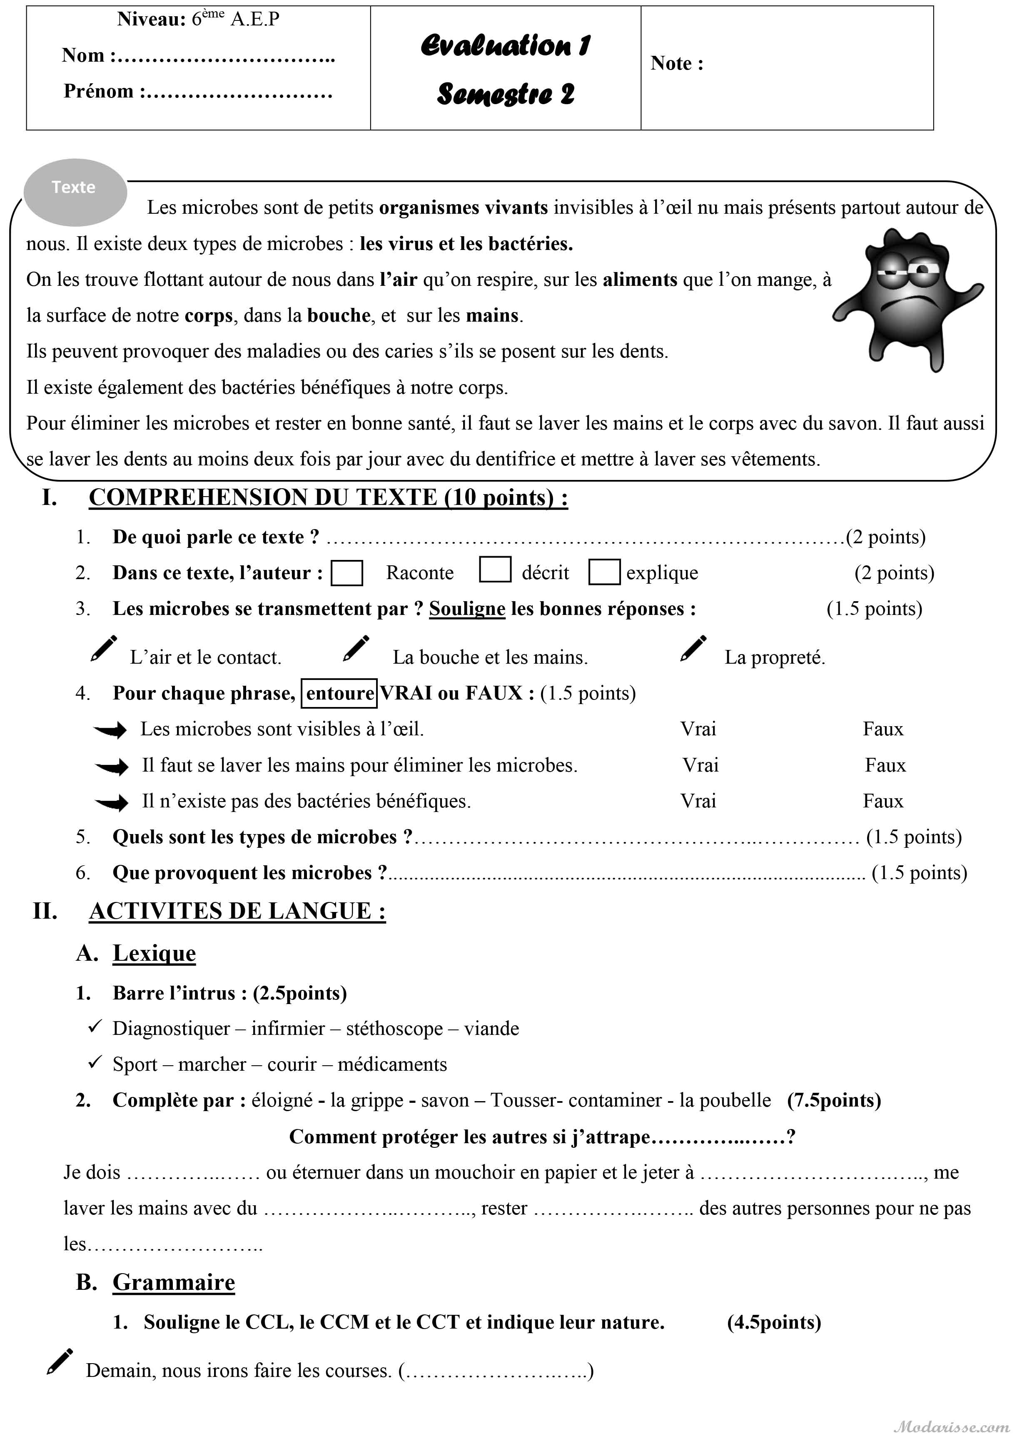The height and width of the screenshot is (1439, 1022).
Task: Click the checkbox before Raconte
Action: [347, 573]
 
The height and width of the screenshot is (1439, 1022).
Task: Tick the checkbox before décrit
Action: [495, 569]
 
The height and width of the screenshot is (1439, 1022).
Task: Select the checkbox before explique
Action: [604, 572]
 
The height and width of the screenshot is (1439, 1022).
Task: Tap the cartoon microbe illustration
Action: [907, 299]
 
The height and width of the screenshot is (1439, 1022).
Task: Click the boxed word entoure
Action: [340, 693]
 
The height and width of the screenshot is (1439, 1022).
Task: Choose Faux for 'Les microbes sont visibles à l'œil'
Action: [882, 729]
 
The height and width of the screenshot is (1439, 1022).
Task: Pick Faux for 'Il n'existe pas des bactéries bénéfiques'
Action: [882, 801]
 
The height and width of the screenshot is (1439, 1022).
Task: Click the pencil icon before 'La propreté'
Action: [693, 649]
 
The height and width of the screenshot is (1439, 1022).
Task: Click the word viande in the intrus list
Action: [491, 1029]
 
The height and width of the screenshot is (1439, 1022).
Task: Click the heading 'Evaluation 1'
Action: [505, 45]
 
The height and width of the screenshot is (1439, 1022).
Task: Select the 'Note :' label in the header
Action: [676, 64]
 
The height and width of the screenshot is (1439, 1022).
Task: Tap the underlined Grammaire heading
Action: [174, 1282]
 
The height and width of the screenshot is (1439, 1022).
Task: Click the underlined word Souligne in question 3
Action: [467, 609]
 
